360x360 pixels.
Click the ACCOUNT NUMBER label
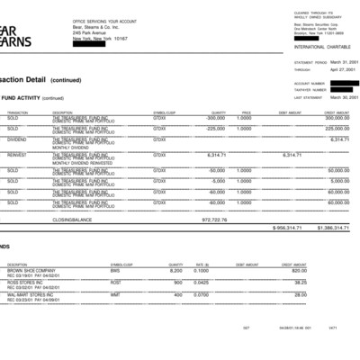pos(308,83)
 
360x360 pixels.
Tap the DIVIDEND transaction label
pos(17,139)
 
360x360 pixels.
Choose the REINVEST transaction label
pos(17,155)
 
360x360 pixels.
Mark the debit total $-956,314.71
pos(286,228)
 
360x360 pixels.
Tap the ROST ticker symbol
pos(115,282)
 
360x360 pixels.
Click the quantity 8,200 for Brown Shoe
pos(175,270)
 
